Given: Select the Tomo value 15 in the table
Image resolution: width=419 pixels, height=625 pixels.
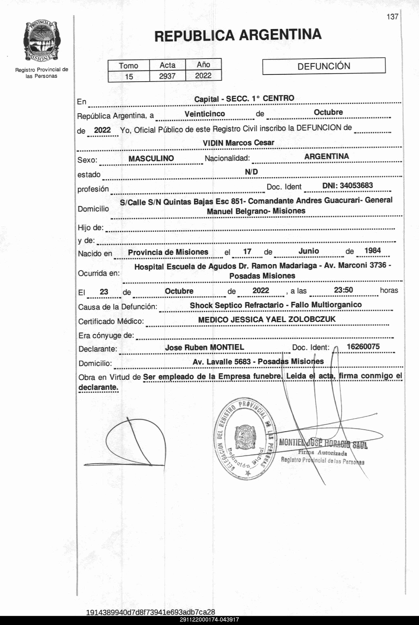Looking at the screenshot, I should (x=129, y=76).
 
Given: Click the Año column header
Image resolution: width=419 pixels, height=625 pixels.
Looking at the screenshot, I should (x=203, y=65).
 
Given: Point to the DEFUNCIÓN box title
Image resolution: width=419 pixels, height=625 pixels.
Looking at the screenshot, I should (x=324, y=66).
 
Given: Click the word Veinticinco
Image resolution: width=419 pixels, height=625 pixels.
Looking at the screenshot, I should (x=205, y=114).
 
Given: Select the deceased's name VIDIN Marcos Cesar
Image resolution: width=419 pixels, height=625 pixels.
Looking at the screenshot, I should (x=238, y=143).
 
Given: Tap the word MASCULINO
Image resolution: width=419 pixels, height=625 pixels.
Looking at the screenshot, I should (x=151, y=158).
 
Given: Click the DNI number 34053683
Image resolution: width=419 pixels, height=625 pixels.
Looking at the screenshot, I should (x=356, y=185).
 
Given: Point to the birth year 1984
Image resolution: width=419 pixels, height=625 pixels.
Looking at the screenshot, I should (x=373, y=251).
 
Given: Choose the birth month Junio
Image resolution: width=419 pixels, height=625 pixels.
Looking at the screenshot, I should (x=309, y=251).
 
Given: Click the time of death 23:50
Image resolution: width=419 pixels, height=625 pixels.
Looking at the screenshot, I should (x=343, y=290).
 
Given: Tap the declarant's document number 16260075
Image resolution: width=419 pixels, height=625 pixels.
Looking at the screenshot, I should (x=363, y=347).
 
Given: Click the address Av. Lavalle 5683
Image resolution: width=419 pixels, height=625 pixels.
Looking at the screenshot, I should (x=222, y=362).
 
